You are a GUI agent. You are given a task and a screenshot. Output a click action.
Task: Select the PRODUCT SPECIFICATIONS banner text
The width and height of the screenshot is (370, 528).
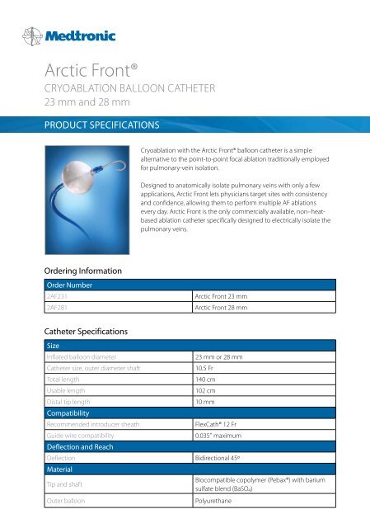[91, 129]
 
